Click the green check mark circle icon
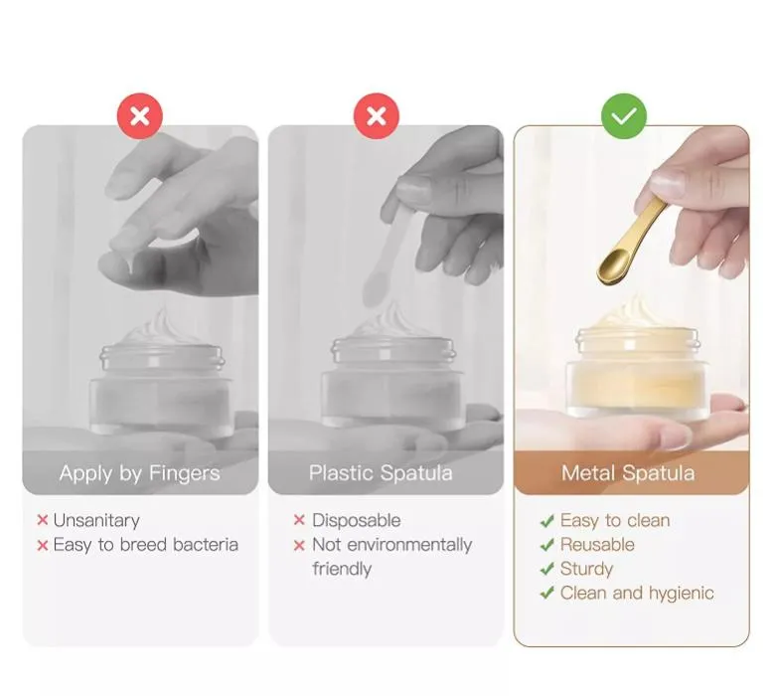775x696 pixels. pos(624,116)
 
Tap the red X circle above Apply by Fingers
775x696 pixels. pos(140,116)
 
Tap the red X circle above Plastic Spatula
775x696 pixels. pos(377,116)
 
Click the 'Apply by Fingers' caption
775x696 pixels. pos(139,473)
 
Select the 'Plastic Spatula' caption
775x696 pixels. pos(381,473)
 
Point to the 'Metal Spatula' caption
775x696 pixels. pos(627,473)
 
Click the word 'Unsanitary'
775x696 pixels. pos(96,520)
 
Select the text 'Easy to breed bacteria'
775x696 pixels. pos(145,545)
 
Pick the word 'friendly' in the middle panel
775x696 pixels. pos(342,569)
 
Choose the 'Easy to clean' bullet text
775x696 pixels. pos(615,520)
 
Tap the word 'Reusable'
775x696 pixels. pos(597,545)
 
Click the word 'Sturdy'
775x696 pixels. pos(586,569)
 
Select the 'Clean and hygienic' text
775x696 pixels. pos(637,593)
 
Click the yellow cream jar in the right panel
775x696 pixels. pos(637,373)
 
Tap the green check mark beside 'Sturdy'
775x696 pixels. pos(546,569)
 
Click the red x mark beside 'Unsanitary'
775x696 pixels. pos(43,520)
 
